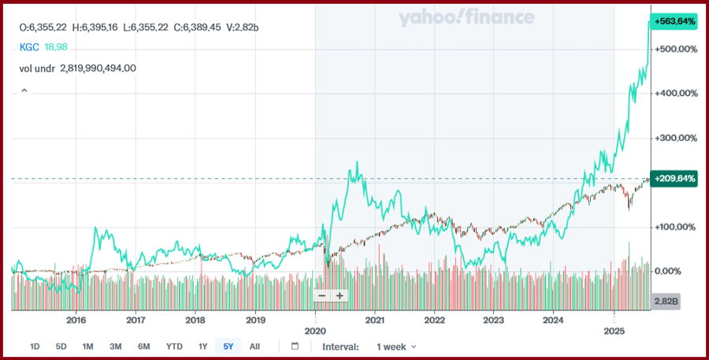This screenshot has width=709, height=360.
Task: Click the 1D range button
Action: coord(35,347)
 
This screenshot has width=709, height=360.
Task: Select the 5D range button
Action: coord(61,347)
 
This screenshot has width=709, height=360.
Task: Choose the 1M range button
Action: coord(88,347)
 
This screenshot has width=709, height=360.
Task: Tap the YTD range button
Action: coord(174,347)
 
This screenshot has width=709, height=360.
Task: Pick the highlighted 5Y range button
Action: coord(228,347)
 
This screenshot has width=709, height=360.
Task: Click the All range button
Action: coord(254,347)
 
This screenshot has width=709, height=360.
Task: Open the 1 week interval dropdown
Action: coord(396,347)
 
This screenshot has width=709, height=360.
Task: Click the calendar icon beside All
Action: coord(295,347)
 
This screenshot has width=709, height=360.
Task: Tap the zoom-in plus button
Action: coord(340,295)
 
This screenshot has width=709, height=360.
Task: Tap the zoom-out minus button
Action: coord(321,295)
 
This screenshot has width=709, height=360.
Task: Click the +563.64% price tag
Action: coord(675,21)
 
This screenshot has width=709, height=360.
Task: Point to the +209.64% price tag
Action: coord(675,179)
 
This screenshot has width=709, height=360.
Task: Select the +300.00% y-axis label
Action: coord(677,138)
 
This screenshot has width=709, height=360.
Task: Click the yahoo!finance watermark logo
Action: coord(466,18)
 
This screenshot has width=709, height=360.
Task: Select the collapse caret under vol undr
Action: coord(24,91)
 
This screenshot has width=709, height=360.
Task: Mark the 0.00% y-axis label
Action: coord(672,271)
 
